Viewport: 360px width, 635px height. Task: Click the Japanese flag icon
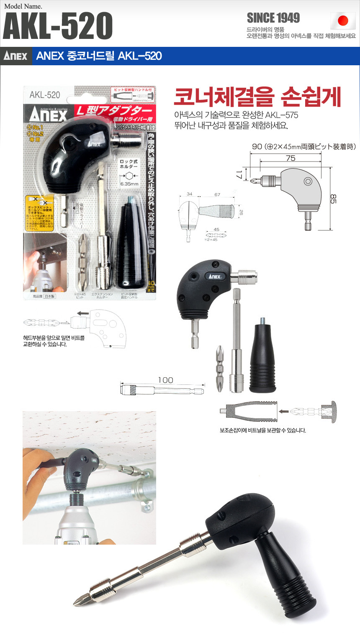click(x=343, y=20)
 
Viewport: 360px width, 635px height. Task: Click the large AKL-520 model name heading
click(x=58, y=26)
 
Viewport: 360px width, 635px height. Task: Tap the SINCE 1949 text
click(x=273, y=18)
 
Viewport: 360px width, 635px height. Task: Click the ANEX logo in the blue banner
click(x=15, y=56)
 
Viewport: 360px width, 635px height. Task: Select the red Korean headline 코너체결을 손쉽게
click(x=257, y=97)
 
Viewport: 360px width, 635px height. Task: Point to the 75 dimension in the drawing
click(x=291, y=158)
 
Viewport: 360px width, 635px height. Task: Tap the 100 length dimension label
click(x=165, y=380)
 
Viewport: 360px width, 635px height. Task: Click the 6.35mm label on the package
click(x=129, y=184)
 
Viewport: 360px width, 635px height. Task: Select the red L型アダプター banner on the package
click(x=113, y=111)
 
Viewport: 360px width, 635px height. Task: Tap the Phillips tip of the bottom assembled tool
click(x=79, y=601)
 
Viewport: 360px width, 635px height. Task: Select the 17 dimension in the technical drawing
click(x=239, y=173)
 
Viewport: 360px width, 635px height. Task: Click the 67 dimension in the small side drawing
click(x=217, y=195)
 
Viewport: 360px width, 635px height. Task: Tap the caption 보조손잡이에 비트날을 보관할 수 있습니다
click(x=263, y=430)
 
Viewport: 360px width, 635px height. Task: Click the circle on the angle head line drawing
click(x=308, y=181)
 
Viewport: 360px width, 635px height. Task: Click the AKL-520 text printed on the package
click(x=45, y=95)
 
